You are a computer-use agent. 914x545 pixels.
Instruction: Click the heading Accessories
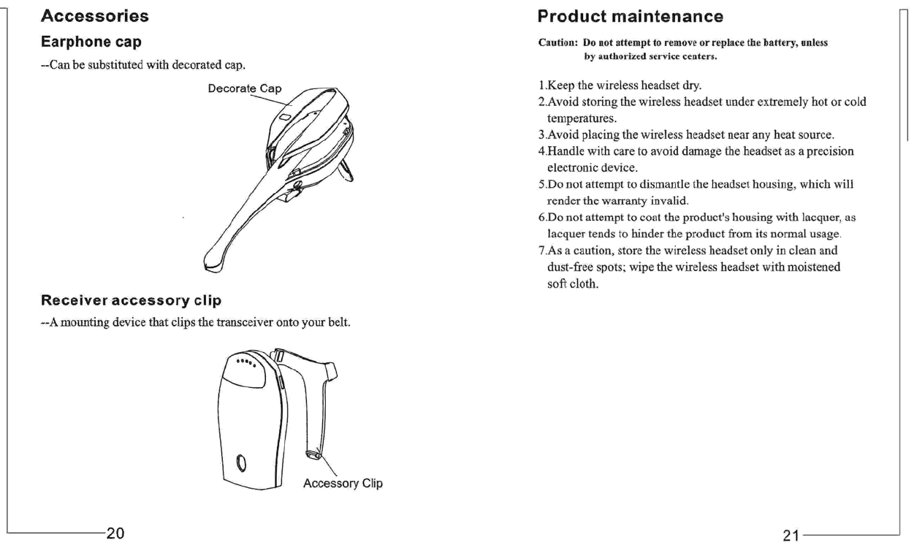pyautogui.click(x=95, y=16)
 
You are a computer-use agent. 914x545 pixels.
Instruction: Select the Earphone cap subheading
pyautogui.click(x=91, y=41)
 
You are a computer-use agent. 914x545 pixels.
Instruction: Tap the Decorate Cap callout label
pyautogui.click(x=245, y=89)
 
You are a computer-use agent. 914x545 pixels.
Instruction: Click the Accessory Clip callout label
pyautogui.click(x=343, y=484)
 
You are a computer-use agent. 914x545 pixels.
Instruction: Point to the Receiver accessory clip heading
pyautogui.click(x=131, y=300)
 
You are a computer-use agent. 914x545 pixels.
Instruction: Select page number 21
pyautogui.click(x=791, y=536)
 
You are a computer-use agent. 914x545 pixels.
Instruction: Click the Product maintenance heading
pyautogui.click(x=630, y=16)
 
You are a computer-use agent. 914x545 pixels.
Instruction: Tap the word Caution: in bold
pyautogui.click(x=558, y=43)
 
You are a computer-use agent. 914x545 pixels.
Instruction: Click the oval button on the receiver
pyautogui.click(x=242, y=464)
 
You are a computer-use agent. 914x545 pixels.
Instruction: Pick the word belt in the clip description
pyautogui.click(x=341, y=323)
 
